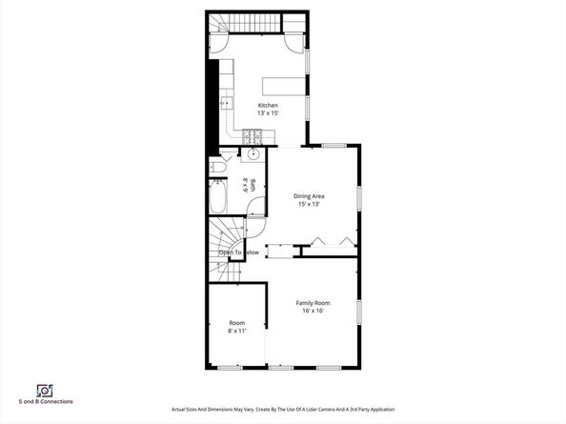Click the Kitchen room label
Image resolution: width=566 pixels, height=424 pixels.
click(x=268, y=105)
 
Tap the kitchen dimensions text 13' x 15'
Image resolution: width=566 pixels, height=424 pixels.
click(x=268, y=113)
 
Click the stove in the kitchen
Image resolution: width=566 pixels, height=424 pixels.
click(x=253, y=136)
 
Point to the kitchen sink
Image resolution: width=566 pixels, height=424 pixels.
click(x=227, y=103)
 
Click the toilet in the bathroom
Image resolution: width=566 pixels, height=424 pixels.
click(x=217, y=169)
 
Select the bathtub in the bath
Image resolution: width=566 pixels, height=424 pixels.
click(x=217, y=198)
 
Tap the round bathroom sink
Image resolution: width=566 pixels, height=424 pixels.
click(x=253, y=154)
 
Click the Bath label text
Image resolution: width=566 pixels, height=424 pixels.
click(x=245, y=185)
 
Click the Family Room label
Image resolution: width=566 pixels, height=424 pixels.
click(x=312, y=303)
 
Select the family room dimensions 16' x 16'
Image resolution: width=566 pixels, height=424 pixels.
click(x=312, y=312)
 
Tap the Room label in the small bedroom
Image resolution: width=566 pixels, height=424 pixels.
click(x=236, y=323)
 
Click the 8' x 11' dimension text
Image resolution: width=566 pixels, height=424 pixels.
click(x=236, y=332)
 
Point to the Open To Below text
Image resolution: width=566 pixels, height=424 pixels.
click(x=239, y=252)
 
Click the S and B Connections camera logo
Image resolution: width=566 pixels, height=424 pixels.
click(x=43, y=390)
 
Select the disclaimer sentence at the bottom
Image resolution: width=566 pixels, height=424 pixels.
click(x=282, y=409)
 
